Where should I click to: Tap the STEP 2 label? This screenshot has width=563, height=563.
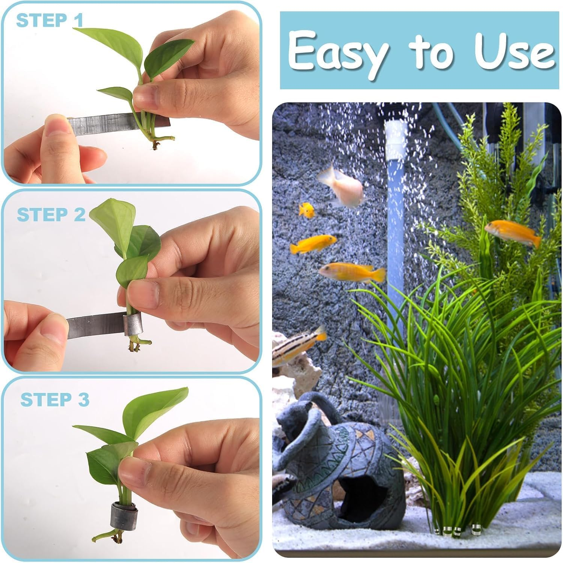(51, 215)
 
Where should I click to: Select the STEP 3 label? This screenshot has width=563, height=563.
(55, 400)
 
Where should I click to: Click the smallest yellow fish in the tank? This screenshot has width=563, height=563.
(307, 210)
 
